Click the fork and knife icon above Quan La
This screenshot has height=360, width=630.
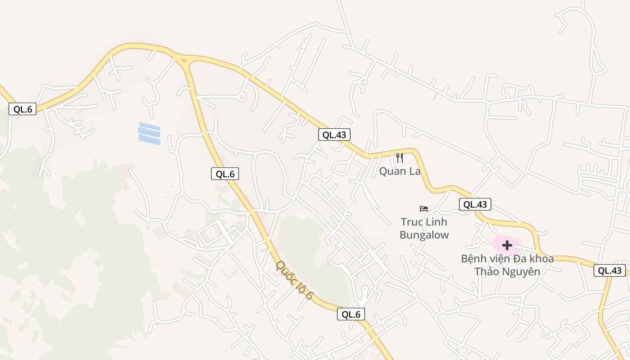(399, 158)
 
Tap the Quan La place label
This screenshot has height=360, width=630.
(400, 171)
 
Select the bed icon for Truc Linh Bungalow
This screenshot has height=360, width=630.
(424, 208)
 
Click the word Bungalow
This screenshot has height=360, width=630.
(424, 235)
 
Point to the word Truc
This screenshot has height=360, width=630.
(412, 222)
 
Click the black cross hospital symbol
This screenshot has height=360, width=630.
(507, 245)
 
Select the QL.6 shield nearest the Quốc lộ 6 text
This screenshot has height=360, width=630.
(351, 315)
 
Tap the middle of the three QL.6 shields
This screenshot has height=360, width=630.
(225, 174)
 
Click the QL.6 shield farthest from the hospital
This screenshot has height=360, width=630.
(22, 109)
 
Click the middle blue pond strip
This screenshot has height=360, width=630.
(149, 134)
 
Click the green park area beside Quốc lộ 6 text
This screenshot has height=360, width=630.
(306, 252)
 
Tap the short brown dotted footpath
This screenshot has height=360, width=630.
(435, 96)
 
